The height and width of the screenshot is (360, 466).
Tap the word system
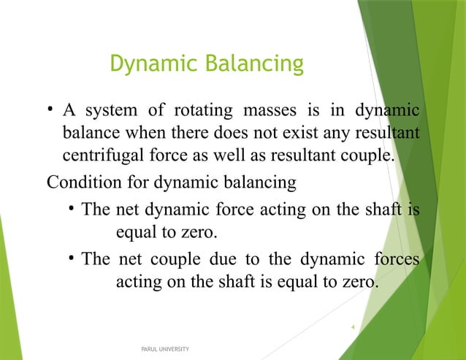pos(110,112)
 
